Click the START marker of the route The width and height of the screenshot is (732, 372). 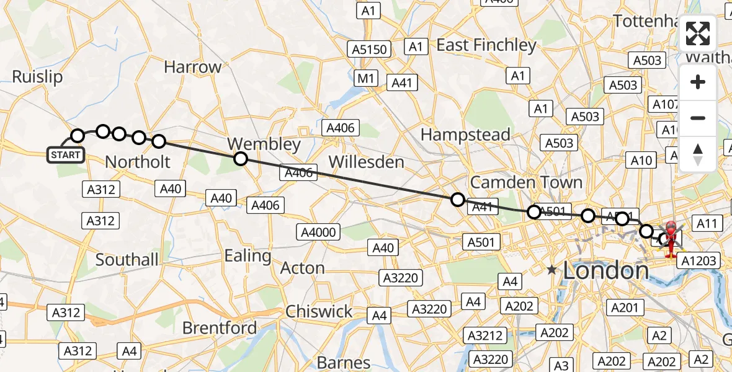point(66,154)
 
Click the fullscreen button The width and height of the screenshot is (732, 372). point(698,34)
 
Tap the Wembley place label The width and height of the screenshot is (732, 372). point(264,144)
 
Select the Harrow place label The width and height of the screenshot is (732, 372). point(193,67)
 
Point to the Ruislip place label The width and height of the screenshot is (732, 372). point(37,77)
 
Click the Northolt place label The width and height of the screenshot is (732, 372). point(137,162)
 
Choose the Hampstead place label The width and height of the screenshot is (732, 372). point(465,135)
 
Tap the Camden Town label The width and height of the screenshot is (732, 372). point(526,182)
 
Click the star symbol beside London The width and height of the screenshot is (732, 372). point(551,270)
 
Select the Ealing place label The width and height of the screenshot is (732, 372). point(248,255)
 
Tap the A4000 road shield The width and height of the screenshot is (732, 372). point(318,232)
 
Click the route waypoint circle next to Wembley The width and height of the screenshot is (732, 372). point(241,159)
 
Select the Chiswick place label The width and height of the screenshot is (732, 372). point(319,311)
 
